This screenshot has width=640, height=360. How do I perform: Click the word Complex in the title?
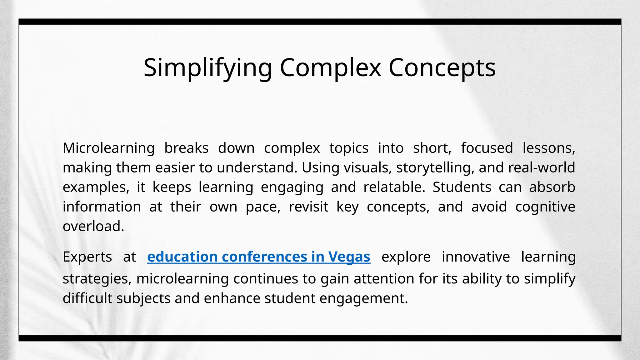[330, 68]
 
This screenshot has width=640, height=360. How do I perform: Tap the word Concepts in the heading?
[442, 68]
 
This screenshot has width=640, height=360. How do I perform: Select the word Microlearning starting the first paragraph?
[108, 148]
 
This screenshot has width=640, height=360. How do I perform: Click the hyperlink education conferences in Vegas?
[258, 257]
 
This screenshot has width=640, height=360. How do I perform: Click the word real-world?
[542, 168]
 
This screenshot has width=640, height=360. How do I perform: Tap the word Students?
[462, 187]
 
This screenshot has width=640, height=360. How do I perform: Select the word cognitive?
[545, 207]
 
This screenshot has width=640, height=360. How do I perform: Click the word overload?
[93, 227]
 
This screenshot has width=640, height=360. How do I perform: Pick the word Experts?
[87, 257]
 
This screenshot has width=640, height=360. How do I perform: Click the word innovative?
[476, 257]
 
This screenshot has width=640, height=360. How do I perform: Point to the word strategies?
[97, 279]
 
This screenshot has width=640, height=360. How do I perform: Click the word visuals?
[368, 168]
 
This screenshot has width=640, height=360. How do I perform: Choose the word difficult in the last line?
[87, 298]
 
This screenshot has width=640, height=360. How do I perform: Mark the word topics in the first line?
[349, 148]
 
